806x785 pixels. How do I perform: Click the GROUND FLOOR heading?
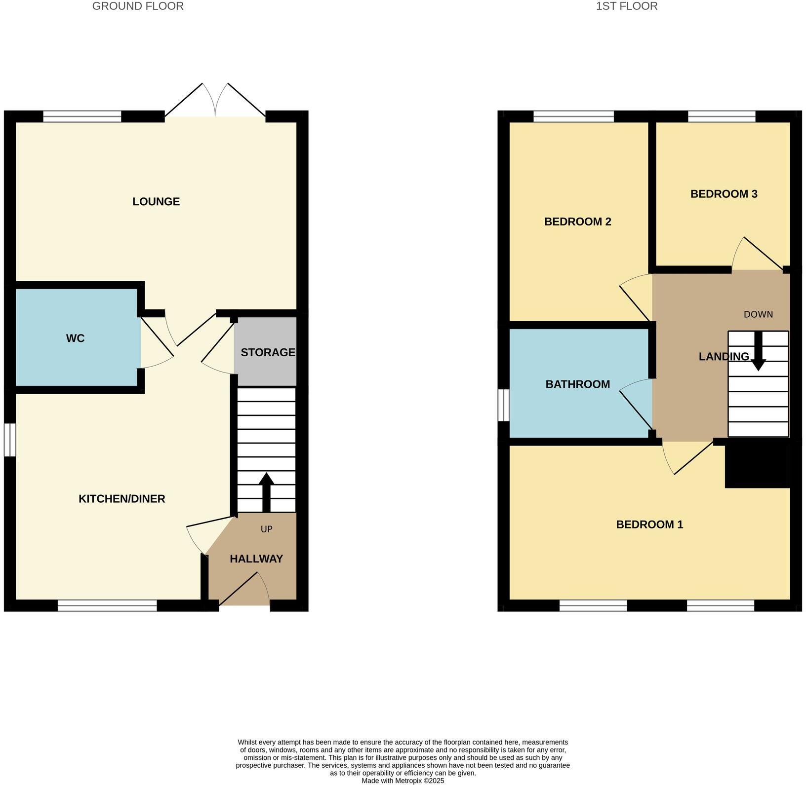coord(138,6)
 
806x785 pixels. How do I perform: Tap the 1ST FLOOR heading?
coord(627,6)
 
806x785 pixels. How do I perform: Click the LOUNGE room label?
coord(156,201)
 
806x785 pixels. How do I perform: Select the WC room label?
coord(75,338)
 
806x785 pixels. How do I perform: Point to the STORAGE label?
coord(268,352)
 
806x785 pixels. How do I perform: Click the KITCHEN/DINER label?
coord(122,499)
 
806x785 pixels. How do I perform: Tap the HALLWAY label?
coord(256,559)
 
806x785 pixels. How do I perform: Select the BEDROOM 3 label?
coord(724,194)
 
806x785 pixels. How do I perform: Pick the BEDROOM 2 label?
coord(577,222)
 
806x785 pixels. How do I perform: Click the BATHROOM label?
coord(577,384)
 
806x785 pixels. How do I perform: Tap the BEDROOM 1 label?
coord(649,524)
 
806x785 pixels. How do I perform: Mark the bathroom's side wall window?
coord(503,405)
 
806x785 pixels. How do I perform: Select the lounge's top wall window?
coord(82,116)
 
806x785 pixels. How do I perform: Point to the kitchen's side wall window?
coord(10,440)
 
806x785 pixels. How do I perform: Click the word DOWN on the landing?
coord(758,314)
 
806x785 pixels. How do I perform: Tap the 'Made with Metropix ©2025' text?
coord(403,781)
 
